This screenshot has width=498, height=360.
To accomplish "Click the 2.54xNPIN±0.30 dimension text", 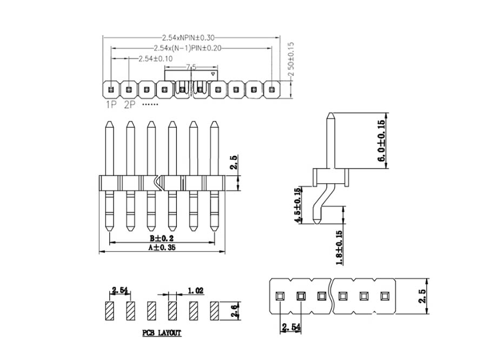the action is (x=188, y=38).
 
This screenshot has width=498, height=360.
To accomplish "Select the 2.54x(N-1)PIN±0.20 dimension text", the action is (x=188, y=48).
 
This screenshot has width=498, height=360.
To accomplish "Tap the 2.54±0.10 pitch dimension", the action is (x=156, y=59).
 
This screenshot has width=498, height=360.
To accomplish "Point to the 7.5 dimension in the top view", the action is (x=191, y=67).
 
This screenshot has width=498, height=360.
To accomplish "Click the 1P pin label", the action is (x=111, y=104).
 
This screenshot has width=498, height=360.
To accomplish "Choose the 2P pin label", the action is (x=130, y=104).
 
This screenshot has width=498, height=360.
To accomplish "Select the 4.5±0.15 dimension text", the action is (x=297, y=206).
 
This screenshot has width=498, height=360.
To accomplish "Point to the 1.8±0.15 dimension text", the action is (x=339, y=248).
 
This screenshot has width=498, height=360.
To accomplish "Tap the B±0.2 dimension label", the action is (x=162, y=238).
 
